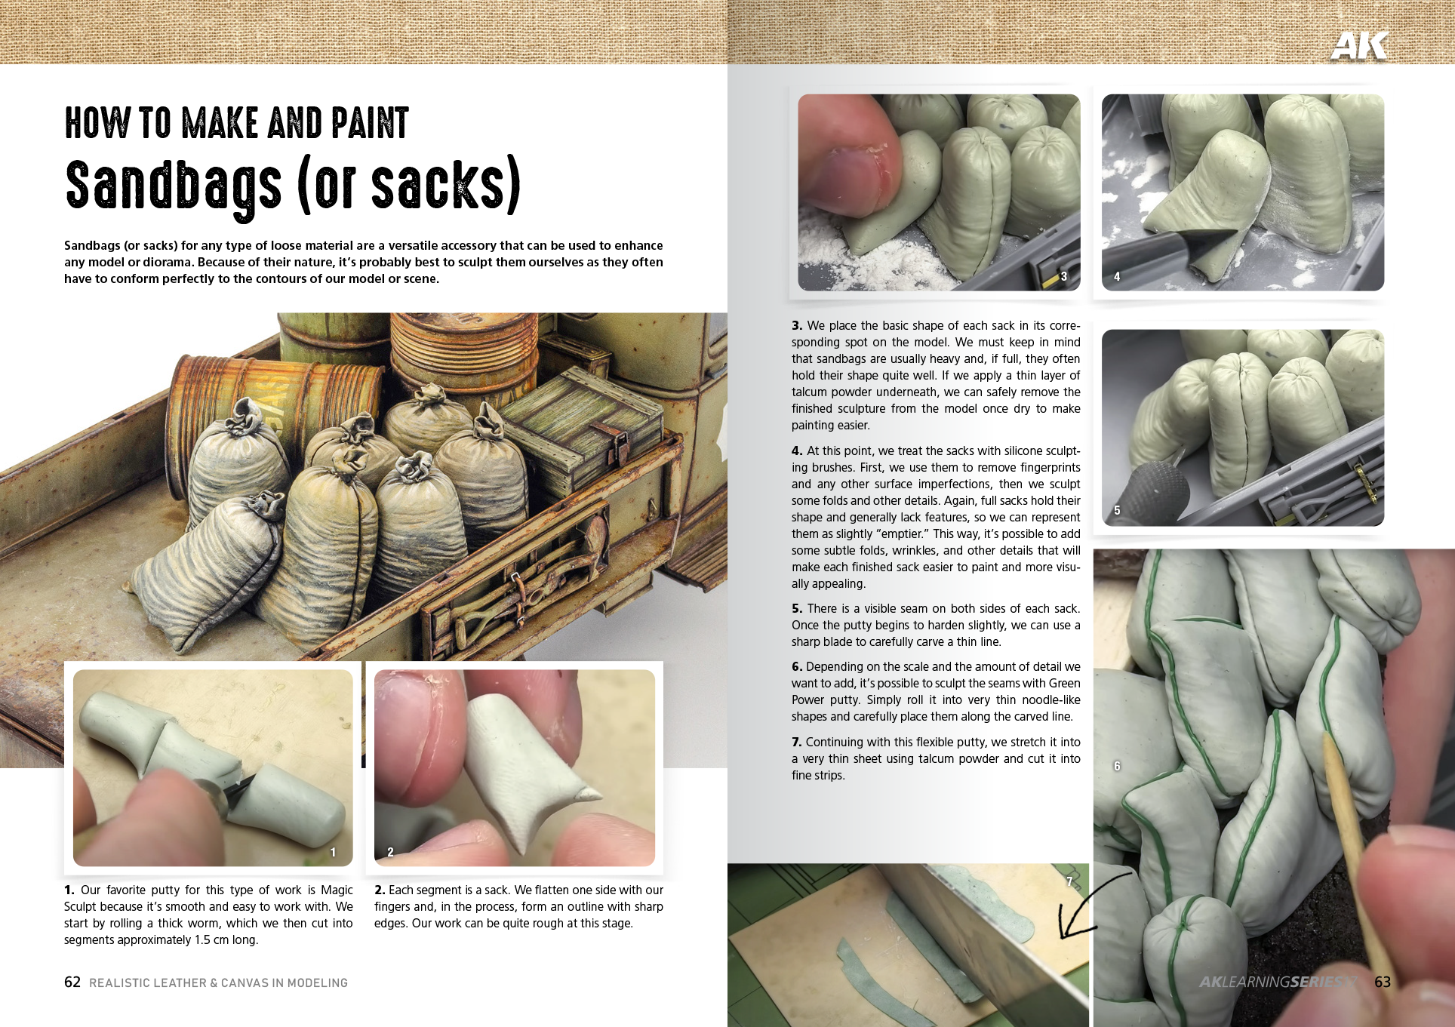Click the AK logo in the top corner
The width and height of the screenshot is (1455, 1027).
[x=1358, y=45]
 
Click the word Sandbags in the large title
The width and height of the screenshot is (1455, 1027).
[x=174, y=186]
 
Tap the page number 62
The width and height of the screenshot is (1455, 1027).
[x=72, y=982]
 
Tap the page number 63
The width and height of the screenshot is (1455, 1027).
[x=1383, y=982]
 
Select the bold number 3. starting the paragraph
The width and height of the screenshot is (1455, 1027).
[x=797, y=326]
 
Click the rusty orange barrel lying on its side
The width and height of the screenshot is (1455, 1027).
[x=249, y=392]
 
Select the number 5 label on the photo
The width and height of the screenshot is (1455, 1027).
[x=1117, y=510]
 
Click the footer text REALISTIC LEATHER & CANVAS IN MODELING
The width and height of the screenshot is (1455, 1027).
[x=218, y=982]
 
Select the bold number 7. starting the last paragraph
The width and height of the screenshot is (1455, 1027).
[x=797, y=742]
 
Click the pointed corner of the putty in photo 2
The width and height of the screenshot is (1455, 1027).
[x=592, y=793]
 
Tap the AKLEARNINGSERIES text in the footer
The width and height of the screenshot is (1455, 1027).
[x=1275, y=982]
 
